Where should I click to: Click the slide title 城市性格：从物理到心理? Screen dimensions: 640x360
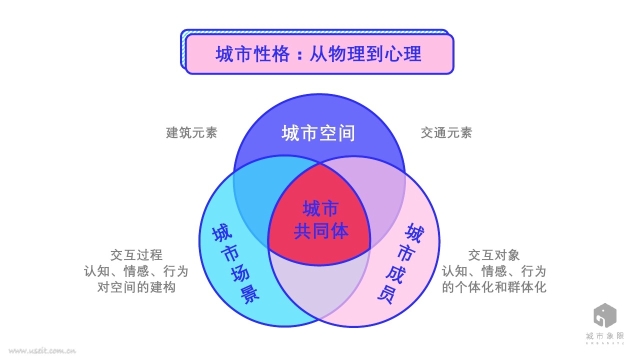click(318, 54)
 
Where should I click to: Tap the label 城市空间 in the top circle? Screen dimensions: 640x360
click(318, 133)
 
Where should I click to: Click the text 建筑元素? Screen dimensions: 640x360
click(191, 133)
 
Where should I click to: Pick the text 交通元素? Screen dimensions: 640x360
click(446, 133)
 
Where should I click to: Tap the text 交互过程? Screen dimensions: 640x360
click(136, 255)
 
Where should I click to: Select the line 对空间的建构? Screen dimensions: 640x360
click(136, 287)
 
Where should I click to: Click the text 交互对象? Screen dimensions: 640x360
click(494, 255)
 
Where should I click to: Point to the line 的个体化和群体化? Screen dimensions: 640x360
click(494, 287)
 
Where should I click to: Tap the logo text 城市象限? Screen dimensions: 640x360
click(605, 336)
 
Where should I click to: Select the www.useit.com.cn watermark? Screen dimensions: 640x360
click(42, 351)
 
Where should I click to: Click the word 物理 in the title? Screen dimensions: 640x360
click(341, 54)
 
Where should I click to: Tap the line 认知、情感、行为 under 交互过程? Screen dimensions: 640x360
click(136, 271)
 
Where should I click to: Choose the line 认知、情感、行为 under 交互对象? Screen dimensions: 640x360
click(494, 271)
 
